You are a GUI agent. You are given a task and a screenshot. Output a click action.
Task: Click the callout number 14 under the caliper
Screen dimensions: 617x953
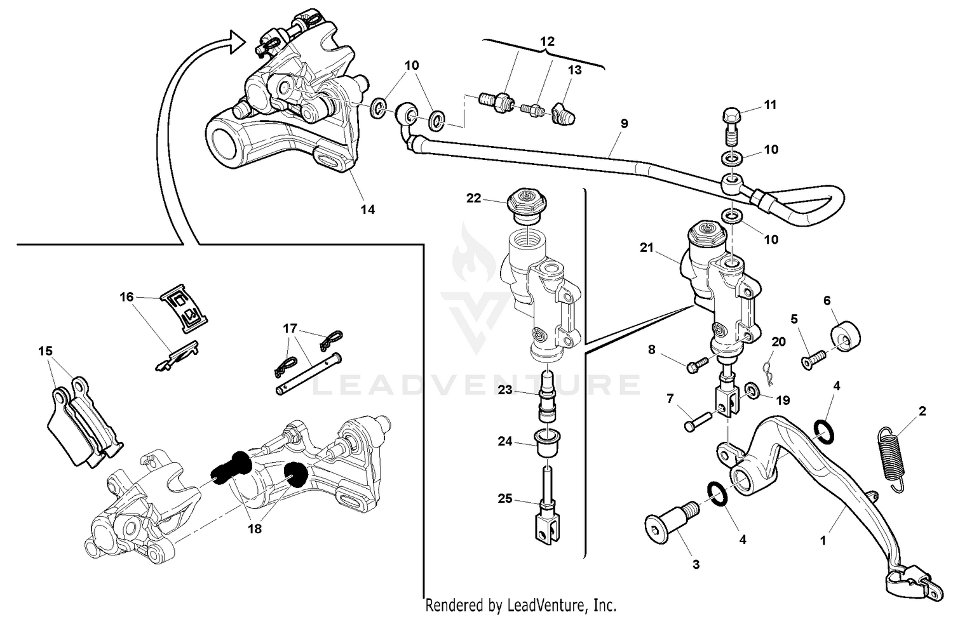click(x=368, y=209)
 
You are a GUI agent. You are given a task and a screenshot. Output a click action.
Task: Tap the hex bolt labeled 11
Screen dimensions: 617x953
click(x=730, y=126)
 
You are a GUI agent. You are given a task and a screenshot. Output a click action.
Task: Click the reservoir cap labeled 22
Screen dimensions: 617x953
click(x=524, y=204)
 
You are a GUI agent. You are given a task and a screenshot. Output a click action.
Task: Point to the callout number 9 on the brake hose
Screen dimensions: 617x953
click(x=624, y=124)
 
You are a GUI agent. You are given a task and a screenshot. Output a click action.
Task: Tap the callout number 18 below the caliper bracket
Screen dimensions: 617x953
click(x=255, y=527)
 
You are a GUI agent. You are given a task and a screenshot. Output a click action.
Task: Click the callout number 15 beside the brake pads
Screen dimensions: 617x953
click(x=45, y=351)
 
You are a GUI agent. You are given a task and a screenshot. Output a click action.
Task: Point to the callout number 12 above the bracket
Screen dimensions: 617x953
click(x=547, y=41)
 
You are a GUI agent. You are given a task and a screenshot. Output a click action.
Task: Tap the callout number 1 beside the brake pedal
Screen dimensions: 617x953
click(x=823, y=541)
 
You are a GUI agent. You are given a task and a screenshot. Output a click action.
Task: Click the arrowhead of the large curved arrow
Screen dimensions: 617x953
click(x=235, y=41)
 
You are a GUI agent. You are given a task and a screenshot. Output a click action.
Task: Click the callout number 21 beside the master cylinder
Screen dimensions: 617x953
click(x=647, y=248)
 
